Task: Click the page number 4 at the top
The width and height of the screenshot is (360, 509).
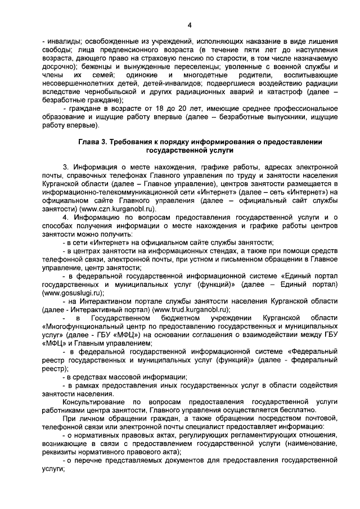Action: pos(190,25)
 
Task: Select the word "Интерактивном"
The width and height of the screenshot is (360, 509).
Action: pos(106,301)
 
